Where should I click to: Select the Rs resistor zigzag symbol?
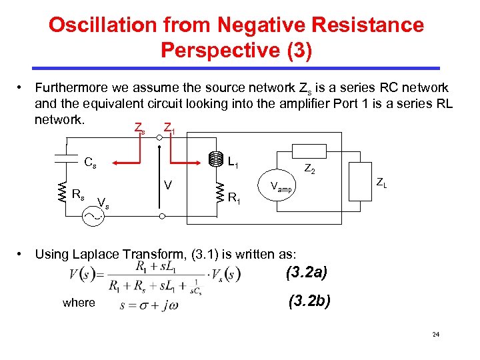point(61,190)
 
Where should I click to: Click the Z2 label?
point(311,169)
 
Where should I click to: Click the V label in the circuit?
point(169,183)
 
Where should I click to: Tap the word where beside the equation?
point(79,303)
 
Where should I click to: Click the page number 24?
point(435,334)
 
